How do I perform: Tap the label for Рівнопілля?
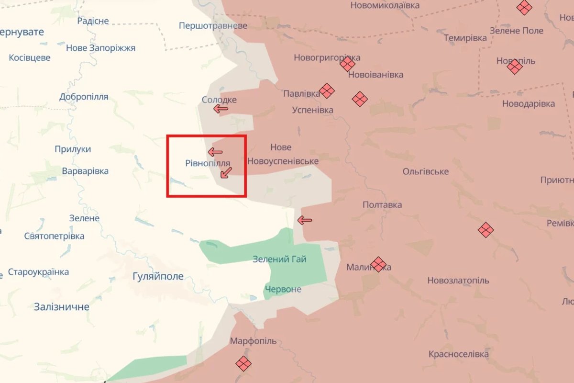point(208,163)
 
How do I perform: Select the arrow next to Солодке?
point(221,109)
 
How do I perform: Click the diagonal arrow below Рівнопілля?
point(226,173)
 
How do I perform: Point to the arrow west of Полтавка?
point(305,220)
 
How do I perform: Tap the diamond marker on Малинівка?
point(378,264)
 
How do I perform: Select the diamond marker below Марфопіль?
point(243,363)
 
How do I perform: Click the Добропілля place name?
point(84,97)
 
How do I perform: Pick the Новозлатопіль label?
point(458,281)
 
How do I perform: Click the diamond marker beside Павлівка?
point(327,90)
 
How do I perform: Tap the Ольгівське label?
point(426,171)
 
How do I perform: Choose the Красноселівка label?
point(459,354)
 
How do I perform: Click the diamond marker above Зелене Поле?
point(524,8)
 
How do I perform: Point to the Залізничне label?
point(62,307)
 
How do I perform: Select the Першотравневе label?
point(213,25)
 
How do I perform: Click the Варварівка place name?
point(85,171)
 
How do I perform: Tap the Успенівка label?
point(313,110)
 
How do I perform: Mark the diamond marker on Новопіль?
point(515,67)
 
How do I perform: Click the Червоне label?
point(284,289)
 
